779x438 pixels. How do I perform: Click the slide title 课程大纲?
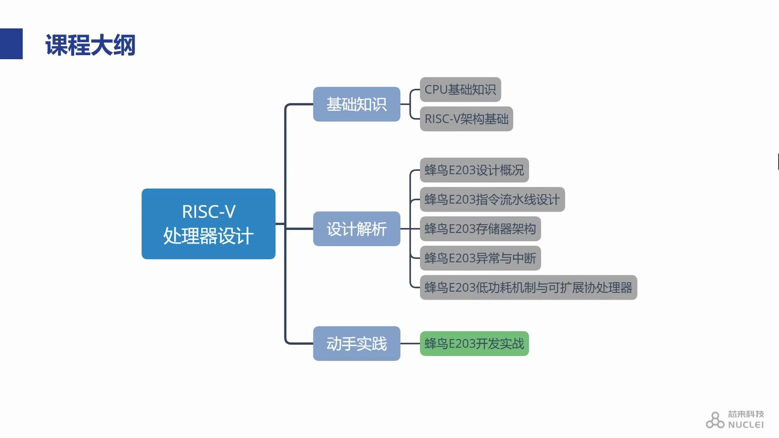[x=90, y=45]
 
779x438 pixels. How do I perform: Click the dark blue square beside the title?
[x=11, y=44]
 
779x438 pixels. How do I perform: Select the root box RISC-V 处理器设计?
[x=208, y=223]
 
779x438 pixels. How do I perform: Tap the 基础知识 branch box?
[x=356, y=104]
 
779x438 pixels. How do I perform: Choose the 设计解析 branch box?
[x=356, y=229]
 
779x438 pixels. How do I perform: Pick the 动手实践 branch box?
[x=356, y=344]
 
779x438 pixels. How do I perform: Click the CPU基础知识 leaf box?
[x=460, y=90]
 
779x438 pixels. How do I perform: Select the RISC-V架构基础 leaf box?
[x=466, y=119]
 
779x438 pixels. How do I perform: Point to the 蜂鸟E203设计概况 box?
[x=474, y=170]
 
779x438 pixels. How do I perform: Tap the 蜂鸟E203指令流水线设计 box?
[x=492, y=199]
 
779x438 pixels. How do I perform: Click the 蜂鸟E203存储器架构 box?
[x=480, y=229]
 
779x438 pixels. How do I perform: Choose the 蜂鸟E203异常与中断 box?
[x=480, y=258]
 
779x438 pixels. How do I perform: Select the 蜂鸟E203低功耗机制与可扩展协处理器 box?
[x=528, y=288]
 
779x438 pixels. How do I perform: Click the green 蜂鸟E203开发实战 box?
[x=474, y=344]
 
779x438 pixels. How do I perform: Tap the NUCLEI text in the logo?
[x=745, y=425]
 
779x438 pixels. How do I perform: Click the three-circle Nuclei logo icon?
[x=714, y=420]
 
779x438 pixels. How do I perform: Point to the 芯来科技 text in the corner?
[x=745, y=414]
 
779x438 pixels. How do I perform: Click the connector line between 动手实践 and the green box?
[x=410, y=344]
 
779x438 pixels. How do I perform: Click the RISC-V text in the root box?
[x=209, y=211]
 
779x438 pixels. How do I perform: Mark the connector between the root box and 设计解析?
[x=299, y=229]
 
